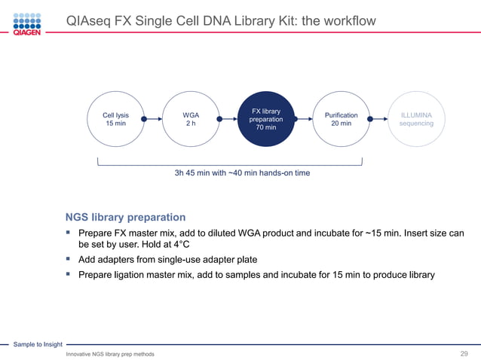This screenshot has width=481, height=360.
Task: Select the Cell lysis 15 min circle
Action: [115, 119]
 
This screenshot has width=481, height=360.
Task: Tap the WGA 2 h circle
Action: [191, 119]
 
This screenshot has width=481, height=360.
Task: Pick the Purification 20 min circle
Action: [341, 119]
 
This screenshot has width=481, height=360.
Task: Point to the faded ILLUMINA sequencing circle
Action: [416, 119]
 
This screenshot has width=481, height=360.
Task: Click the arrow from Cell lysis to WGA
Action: [153, 119]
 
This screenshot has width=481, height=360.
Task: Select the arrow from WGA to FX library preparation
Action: [228, 119]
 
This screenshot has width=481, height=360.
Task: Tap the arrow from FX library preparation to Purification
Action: [303, 119]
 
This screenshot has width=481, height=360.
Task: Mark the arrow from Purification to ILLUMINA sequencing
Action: [378, 119]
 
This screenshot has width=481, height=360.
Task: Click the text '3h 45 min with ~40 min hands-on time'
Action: [242, 173]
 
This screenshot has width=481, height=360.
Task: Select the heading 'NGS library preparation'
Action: [125, 217]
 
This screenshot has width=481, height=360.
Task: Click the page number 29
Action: [464, 353]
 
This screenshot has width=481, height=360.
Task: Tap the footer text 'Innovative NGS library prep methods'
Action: [110, 354]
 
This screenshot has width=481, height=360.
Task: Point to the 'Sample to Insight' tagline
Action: [38, 344]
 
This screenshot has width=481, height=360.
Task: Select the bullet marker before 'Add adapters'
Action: [69, 259]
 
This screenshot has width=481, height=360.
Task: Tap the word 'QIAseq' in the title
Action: [89, 21]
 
